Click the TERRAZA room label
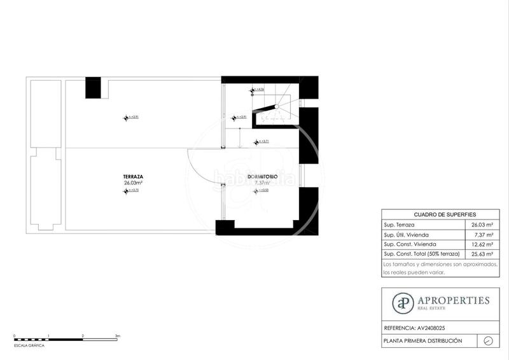133,176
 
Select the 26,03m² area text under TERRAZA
133,183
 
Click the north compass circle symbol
488,341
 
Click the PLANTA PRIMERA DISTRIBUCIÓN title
422,341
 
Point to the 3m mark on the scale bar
118,335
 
